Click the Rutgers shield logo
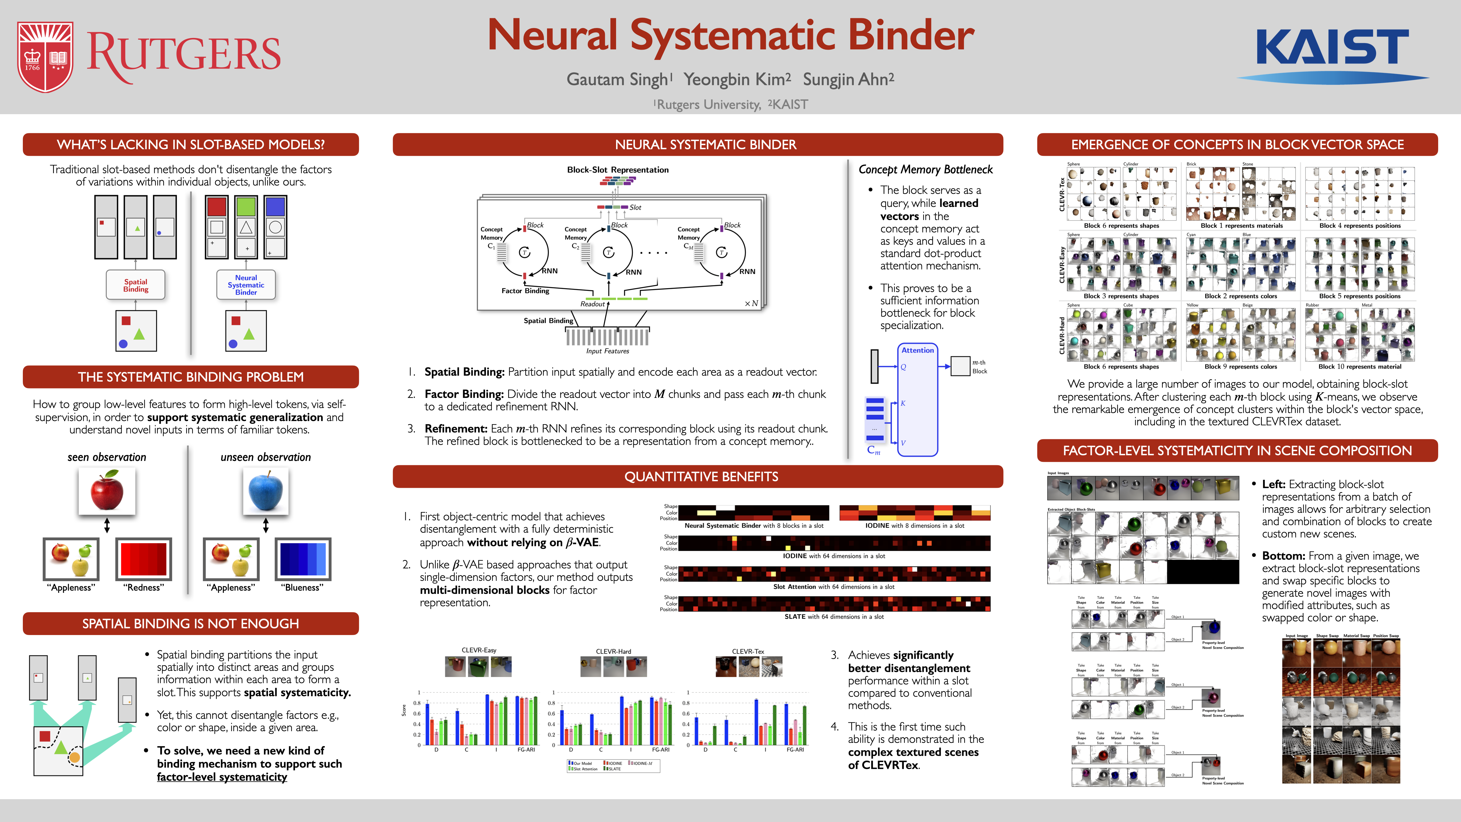(45, 57)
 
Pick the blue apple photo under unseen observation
(265, 491)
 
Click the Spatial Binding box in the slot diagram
(136, 285)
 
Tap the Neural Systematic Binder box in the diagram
(246, 285)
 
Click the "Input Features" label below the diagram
(608, 351)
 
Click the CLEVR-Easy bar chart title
(479, 650)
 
